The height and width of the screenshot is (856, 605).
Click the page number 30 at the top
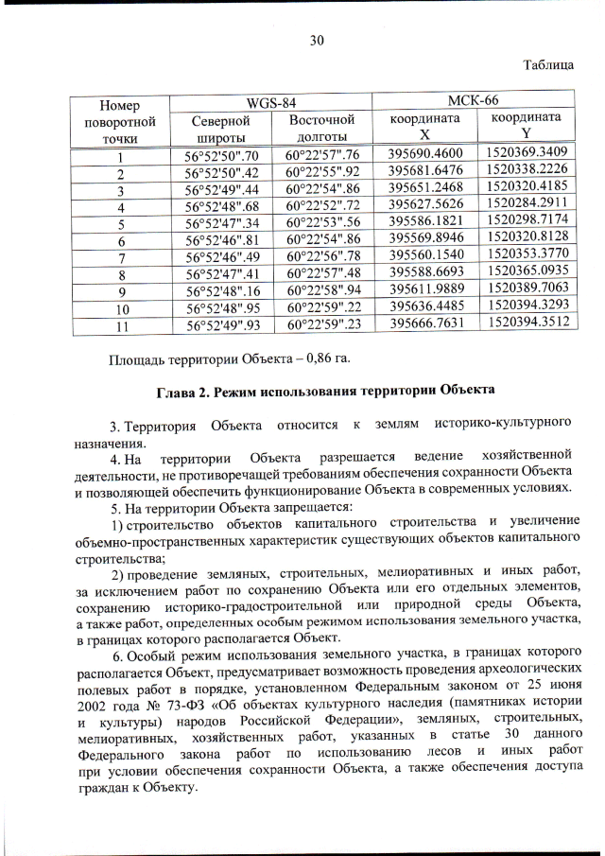point(317,39)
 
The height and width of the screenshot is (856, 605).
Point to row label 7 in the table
point(121,258)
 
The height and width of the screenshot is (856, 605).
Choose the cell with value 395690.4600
point(426,155)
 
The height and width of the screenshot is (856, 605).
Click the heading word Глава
point(177,391)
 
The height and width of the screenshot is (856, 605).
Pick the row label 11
point(121,325)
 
